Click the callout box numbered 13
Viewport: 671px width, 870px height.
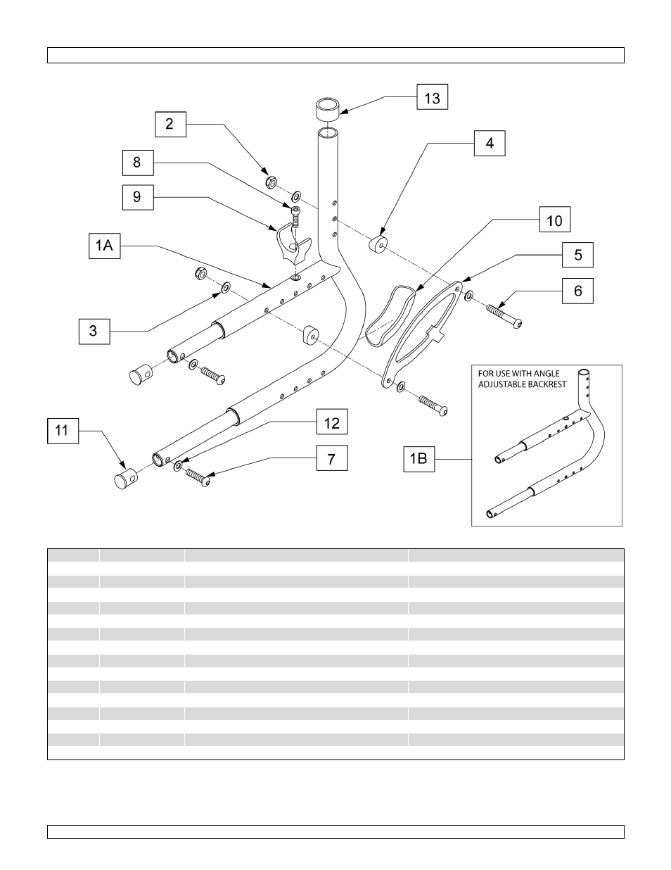(432, 98)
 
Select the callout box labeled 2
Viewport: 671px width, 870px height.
(170, 125)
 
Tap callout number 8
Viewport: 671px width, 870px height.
(136, 163)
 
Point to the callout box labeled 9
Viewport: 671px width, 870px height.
(136, 196)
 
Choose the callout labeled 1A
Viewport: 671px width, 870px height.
(104, 247)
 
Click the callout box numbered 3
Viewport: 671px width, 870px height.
(94, 330)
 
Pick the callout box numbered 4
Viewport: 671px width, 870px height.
(490, 144)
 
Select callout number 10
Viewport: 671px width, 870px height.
(554, 220)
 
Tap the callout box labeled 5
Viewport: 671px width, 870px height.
(577, 255)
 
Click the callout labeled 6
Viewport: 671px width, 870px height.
(577, 290)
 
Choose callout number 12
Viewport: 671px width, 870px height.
(331, 422)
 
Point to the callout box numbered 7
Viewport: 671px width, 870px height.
(331, 460)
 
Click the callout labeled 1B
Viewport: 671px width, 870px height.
(418, 460)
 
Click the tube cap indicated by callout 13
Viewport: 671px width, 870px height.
(325, 109)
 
